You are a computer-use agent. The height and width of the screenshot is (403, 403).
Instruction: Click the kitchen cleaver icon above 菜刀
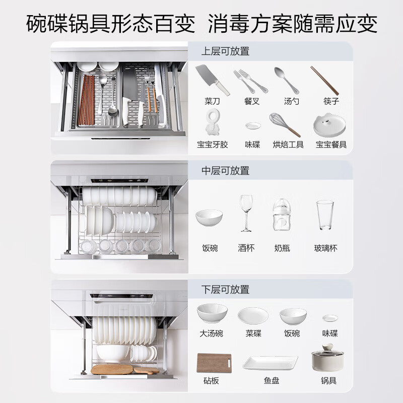tap(212, 79)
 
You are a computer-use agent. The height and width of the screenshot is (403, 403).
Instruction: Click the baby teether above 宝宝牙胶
tap(212, 123)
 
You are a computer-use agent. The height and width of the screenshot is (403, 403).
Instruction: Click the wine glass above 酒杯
tap(246, 213)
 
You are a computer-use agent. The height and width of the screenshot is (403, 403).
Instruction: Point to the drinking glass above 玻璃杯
tap(325, 216)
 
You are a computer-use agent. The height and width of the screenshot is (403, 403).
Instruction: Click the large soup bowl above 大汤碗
tap(212, 314)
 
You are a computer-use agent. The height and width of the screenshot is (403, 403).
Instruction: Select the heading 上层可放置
tap(225, 51)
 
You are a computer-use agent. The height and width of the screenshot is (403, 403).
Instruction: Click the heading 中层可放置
tap(225, 171)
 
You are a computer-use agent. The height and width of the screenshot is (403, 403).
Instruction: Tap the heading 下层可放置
tap(225, 290)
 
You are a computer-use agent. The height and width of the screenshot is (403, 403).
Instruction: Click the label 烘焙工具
tap(288, 145)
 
